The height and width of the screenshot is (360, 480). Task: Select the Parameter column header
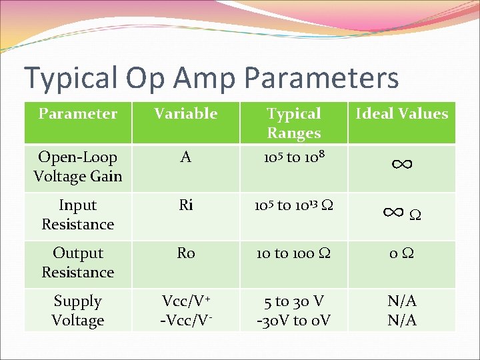click(x=77, y=113)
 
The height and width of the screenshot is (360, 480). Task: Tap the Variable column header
click(x=185, y=113)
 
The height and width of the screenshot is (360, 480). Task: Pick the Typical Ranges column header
click(x=293, y=123)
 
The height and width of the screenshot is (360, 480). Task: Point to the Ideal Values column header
click(x=401, y=113)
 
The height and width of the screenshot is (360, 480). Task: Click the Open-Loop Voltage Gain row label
click(x=77, y=167)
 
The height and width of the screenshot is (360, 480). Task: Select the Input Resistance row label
click(x=77, y=215)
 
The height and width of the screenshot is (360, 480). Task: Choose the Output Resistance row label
click(x=77, y=263)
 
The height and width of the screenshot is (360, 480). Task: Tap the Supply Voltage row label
click(x=77, y=311)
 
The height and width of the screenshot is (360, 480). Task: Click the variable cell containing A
click(x=185, y=157)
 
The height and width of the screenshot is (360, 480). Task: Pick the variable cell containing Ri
click(x=185, y=205)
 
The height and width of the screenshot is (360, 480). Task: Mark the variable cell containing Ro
click(x=185, y=253)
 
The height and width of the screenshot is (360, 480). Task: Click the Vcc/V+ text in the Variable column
click(x=185, y=301)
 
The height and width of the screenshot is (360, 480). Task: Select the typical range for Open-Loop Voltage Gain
click(x=293, y=157)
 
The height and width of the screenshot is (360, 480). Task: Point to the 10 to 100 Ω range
click(x=293, y=253)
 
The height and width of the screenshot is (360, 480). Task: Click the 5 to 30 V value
click(x=293, y=301)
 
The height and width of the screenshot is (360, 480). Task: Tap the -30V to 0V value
click(x=293, y=321)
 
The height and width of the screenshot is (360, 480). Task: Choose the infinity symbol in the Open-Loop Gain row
click(x=401, y=163)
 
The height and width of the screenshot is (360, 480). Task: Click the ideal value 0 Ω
click(x=401, y=253)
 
